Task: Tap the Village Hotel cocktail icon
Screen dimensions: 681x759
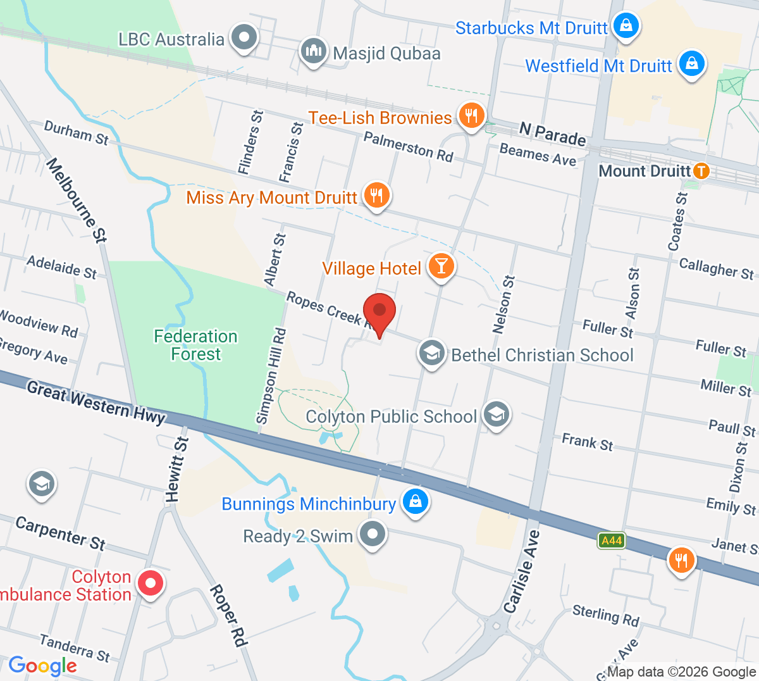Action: (441, 266)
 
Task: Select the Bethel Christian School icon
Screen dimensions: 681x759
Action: (432, 353)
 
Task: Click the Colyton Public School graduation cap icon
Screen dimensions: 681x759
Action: (497, 414)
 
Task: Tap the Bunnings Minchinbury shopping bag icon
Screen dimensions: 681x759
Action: (415, 502)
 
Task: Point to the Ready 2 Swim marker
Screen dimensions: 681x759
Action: (373, 534)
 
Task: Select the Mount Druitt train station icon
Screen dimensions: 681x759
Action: (701, 171)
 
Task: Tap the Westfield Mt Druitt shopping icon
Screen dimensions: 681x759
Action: (692, 64)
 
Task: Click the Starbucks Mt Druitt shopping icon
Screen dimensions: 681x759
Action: (626, 26)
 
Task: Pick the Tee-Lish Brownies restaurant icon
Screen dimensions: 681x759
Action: (471, 116)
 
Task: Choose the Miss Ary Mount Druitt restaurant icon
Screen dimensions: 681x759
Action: (377, 196)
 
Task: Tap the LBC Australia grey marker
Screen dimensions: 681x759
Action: (243, 37)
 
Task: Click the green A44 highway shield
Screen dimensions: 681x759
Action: (612, 540)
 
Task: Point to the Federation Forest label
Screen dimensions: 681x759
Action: (196, 345)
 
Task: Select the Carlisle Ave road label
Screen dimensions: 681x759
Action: (522, 572)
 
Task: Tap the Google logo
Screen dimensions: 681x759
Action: (42, 666)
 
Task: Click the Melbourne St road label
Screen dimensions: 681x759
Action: (77, 199)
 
